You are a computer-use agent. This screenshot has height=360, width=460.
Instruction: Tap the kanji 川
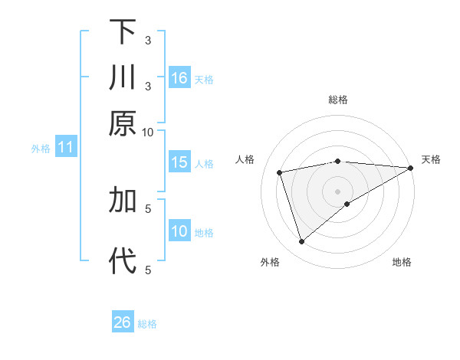(123, 78)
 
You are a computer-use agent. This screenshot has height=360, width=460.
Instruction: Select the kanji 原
(123, 123)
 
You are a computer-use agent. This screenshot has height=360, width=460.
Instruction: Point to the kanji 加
(123, 200)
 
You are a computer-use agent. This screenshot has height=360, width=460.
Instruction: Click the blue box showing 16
(179, 78)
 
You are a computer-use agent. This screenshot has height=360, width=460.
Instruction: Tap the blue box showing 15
(179, 162)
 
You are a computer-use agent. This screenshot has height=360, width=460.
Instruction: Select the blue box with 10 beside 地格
(179, 231)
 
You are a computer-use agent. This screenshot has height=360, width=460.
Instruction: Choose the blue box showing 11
(65, 148)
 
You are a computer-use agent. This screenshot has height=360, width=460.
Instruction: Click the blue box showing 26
(123, 322)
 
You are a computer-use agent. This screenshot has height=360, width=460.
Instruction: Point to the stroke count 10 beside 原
(148, 132)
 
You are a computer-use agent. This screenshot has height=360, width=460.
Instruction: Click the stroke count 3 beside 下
(148, 40)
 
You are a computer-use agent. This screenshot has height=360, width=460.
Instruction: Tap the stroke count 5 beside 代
(148, 269)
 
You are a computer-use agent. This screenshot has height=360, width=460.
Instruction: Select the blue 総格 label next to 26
(147, 324)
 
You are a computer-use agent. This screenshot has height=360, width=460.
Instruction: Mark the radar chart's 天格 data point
(411, 168)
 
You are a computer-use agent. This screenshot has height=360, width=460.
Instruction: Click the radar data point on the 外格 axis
(301, 242)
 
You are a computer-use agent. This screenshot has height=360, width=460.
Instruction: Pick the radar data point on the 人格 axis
(280, 172)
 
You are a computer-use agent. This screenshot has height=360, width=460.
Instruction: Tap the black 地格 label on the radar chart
(402, 263)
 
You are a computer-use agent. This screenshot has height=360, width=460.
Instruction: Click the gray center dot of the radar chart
(338, 191)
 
